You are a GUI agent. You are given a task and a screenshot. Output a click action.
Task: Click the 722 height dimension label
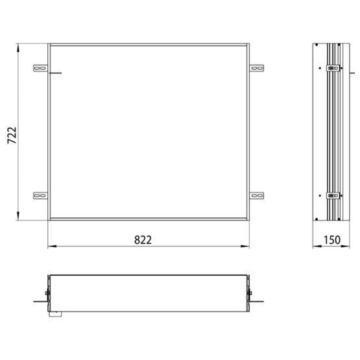(x=12, y=135)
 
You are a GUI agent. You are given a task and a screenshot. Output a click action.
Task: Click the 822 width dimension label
(x=143, y=240)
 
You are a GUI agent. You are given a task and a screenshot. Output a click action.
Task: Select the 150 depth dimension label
(x=331, y=240)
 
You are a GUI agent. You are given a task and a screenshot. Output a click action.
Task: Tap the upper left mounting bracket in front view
(x=40, y=68)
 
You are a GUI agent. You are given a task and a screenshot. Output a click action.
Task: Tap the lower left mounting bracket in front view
(x=40, y=196)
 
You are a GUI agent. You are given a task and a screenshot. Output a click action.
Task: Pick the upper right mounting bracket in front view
(x=257, y=68)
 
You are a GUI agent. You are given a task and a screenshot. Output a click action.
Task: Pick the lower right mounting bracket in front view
(x=257, y=196)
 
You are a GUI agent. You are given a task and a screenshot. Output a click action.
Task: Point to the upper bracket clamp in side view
(x=333, y=68)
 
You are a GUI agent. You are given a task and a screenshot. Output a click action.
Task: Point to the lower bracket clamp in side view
(x=333, y=196)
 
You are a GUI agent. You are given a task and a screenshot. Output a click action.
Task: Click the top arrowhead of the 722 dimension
(x=18, y=48)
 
